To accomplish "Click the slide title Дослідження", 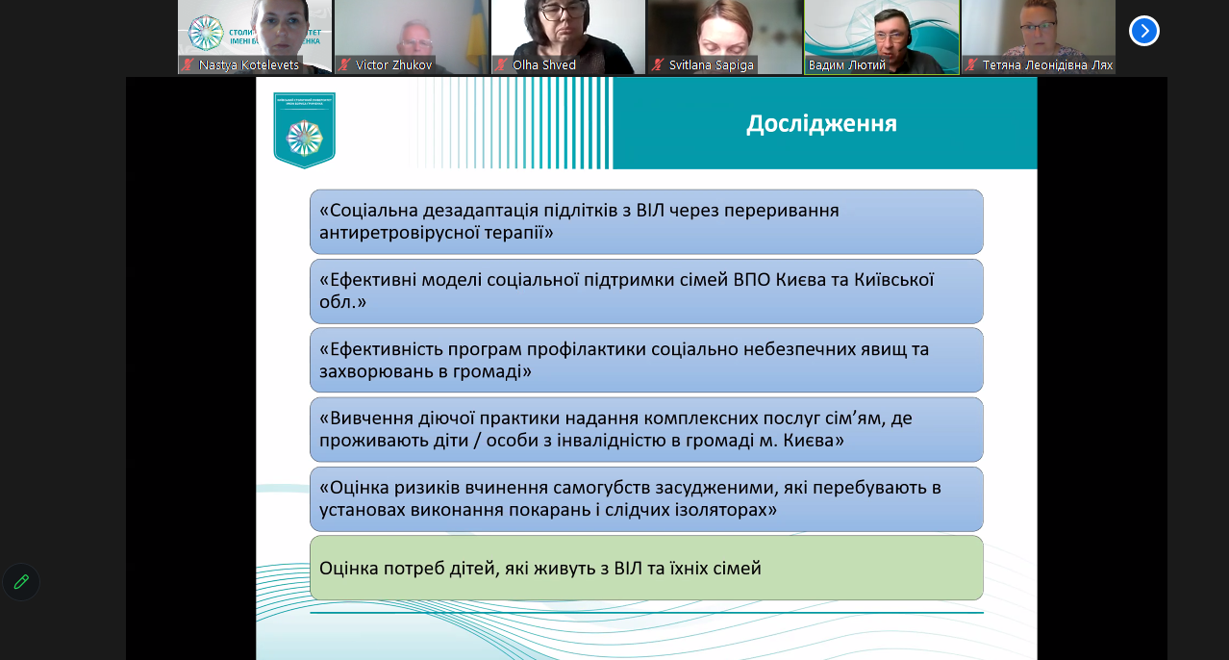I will (821, 124).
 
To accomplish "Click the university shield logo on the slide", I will (304, 131).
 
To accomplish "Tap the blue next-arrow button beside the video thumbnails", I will (1143, 31).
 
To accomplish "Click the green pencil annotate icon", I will (21, 582).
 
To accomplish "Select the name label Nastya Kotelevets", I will (248, 65).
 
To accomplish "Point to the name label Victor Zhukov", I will (393, 65).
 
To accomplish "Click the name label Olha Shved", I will (543, 65).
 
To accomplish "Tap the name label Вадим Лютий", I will (846, 65).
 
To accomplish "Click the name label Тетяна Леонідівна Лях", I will (1046, 65).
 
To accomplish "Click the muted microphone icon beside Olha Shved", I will (501, 65).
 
